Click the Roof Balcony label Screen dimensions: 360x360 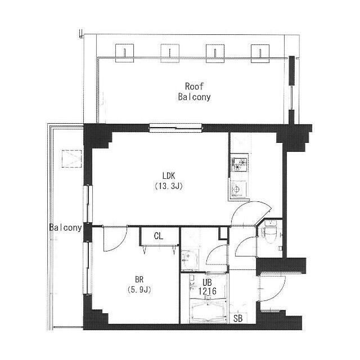coord(194,92)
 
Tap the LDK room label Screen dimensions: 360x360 coord(169,176)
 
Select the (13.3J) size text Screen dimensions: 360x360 coord(169,186)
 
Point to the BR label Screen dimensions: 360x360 coord(139,280)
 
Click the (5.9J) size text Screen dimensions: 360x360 coord(139,290)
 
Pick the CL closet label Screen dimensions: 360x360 coord(159,236)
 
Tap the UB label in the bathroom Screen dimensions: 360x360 coord(207,282)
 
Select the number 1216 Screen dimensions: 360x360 coord(207,291)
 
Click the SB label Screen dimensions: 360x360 coord(238,318)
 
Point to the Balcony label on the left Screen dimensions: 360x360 coord(66,227)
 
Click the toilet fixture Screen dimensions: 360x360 coord(269,231)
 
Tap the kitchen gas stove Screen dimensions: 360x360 coord(239,164)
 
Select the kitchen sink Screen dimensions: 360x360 coord(238,190)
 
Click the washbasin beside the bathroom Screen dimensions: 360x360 coord(190,260)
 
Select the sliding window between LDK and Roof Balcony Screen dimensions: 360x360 coord(175,128)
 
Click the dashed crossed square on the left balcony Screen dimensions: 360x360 coord(71,159)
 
